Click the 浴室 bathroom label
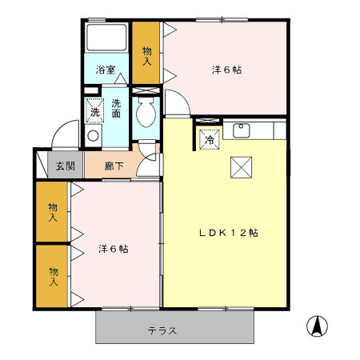[106, 70]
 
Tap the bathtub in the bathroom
[107, 39]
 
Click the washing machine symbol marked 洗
[95, 111]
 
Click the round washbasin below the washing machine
[93, 135]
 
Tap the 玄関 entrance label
[66, 166]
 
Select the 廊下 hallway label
[114, 166]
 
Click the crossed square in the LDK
[241, 167]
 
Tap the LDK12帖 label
[228, 233]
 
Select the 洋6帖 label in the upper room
[226, 70]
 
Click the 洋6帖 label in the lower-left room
[113, 248]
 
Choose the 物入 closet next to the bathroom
[147, 53]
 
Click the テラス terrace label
[162, 330]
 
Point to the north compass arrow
[318, 326]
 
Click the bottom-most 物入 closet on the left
[52, 277]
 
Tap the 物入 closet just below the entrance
[52, 212]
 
